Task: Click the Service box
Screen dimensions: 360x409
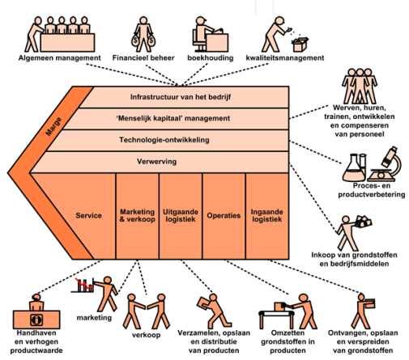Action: (88, 216)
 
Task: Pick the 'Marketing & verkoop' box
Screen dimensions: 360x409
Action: (136, 216)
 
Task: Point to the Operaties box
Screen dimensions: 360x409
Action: (224, 216)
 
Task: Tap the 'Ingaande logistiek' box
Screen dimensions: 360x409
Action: (267, 216)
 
